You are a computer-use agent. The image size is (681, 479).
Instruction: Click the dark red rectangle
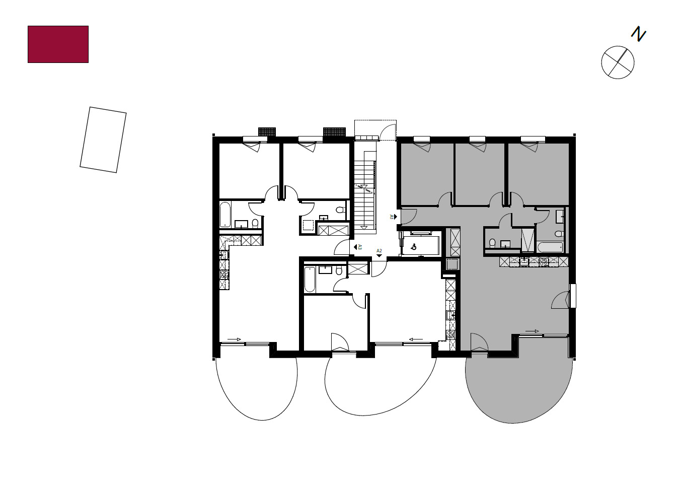(x=58, y=44)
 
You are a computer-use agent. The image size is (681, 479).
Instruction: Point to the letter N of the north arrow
(x=639, y=34)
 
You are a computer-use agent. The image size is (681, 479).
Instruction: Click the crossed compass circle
(x=618, y=62)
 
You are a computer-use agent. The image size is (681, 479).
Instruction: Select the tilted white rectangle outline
(x=103, y=140)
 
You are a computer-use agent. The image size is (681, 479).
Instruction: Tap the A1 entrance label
(x=392, y=216)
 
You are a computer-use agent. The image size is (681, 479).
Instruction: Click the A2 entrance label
(x=379, y=251)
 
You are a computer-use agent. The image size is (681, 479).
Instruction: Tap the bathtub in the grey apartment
(x=550, y=247)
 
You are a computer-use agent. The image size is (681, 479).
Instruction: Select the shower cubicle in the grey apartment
(x=527, y=239)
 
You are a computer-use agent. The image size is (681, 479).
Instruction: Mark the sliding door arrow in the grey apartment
(x=532, y=331)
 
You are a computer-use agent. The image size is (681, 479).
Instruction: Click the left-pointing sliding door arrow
(x=415, y=339)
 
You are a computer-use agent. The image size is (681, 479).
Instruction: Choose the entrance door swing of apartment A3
(x=342, y=247)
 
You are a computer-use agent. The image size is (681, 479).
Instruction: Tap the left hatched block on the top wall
(x=267, y=131)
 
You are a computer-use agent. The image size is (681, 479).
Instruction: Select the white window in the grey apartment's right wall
(x=572, y=296)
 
